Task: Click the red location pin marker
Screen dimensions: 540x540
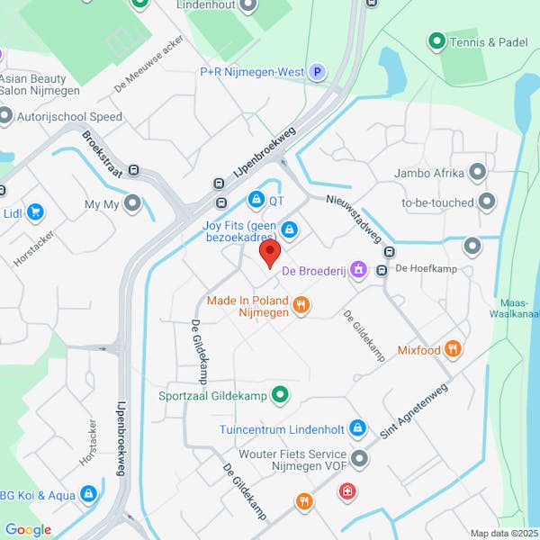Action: point(270,254)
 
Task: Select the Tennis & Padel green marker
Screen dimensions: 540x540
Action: point(436,40)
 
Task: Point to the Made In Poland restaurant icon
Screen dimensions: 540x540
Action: point(301,306)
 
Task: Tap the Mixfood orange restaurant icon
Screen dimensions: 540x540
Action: point(454,348)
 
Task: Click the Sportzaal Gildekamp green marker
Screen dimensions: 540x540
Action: point(280,394)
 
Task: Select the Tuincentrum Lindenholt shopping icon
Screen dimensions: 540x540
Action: point(357,427)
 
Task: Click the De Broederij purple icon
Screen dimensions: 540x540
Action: point(358,269)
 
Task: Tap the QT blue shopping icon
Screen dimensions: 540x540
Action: point(256,199)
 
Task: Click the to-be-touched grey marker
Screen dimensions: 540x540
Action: point(487,202)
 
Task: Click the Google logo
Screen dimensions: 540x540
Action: point(28,530)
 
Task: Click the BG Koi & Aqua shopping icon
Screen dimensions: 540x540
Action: point(88,493)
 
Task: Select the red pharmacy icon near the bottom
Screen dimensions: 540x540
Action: point(346,491)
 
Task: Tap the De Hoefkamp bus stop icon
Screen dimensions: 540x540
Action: point(382,269)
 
